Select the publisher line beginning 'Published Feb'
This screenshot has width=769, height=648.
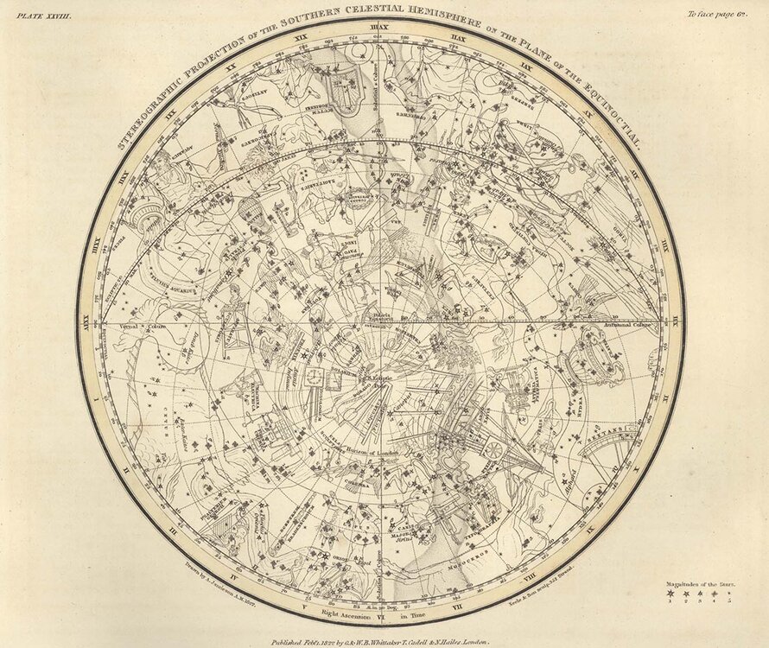(x=380, y=632)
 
